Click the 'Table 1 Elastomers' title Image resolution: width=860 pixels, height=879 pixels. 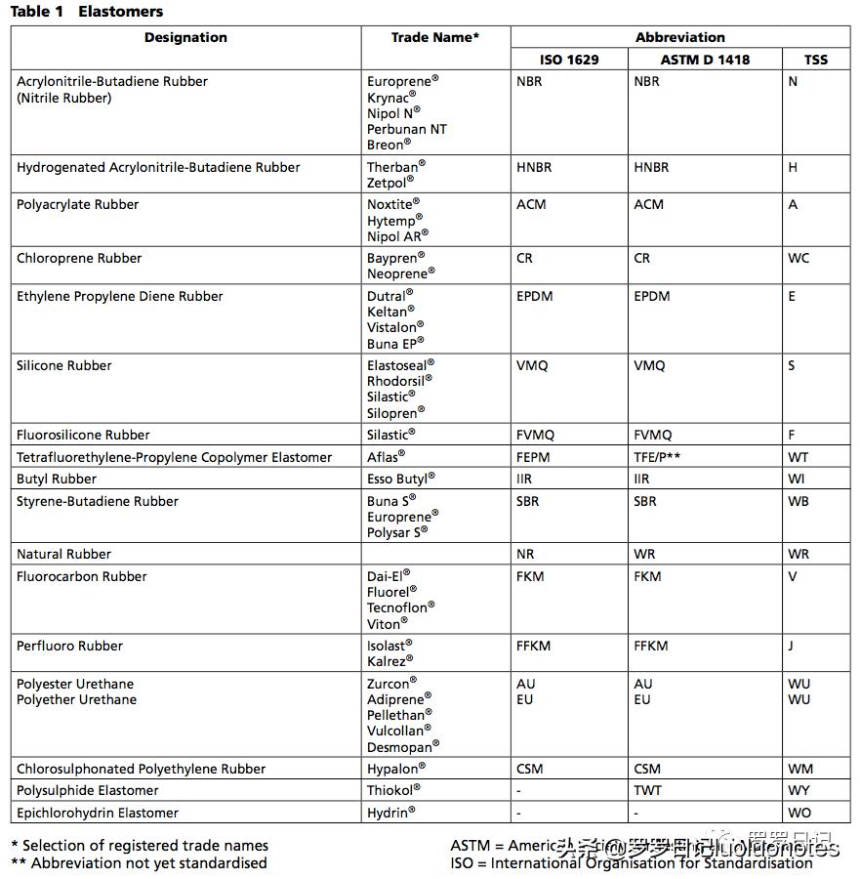(x=87, y=12)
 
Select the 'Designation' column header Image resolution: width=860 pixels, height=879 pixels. (x=185, y=38)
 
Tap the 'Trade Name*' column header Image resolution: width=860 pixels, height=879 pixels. (x=435, y=38)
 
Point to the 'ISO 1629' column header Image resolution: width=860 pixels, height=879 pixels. (x=569, y=60)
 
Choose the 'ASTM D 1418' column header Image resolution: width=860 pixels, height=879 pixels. (x=705, y=60)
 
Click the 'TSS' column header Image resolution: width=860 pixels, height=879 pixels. (x=816, y=60)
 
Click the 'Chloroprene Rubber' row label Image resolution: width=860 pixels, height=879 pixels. (x=79, y=259)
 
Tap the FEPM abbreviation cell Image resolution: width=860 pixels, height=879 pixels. (x=533, y=457)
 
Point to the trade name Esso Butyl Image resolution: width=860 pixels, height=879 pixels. (x=399, y=480)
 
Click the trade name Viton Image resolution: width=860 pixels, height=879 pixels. (x=386, y=624)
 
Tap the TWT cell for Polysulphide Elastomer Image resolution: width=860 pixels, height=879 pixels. (x=647, y=791)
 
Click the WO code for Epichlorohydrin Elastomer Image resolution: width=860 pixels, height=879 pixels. (x=799, y=813)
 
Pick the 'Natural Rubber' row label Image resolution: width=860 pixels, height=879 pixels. (x=63, y=555)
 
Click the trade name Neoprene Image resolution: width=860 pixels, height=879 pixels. (x=396, y=274)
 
